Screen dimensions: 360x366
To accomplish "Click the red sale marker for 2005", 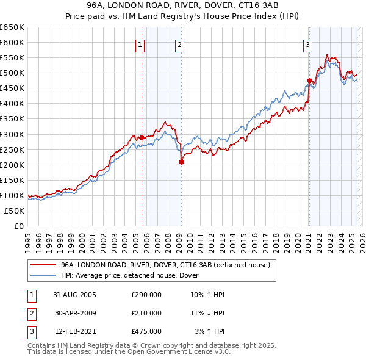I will point(142,137).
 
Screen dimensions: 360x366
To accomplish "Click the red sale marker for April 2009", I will point(181,162).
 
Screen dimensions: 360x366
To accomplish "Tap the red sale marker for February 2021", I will point(309,81).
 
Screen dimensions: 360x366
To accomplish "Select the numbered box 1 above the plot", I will point(140,44).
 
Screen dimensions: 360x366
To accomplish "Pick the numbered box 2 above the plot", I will point(180,44).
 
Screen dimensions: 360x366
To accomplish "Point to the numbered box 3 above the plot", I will point(307,44).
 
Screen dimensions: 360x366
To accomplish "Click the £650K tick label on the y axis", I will point(12,27).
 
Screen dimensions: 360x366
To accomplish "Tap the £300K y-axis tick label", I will point(12,134).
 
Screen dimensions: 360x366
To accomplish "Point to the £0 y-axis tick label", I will point(18,226).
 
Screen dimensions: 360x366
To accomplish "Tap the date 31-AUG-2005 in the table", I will point(75,295).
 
